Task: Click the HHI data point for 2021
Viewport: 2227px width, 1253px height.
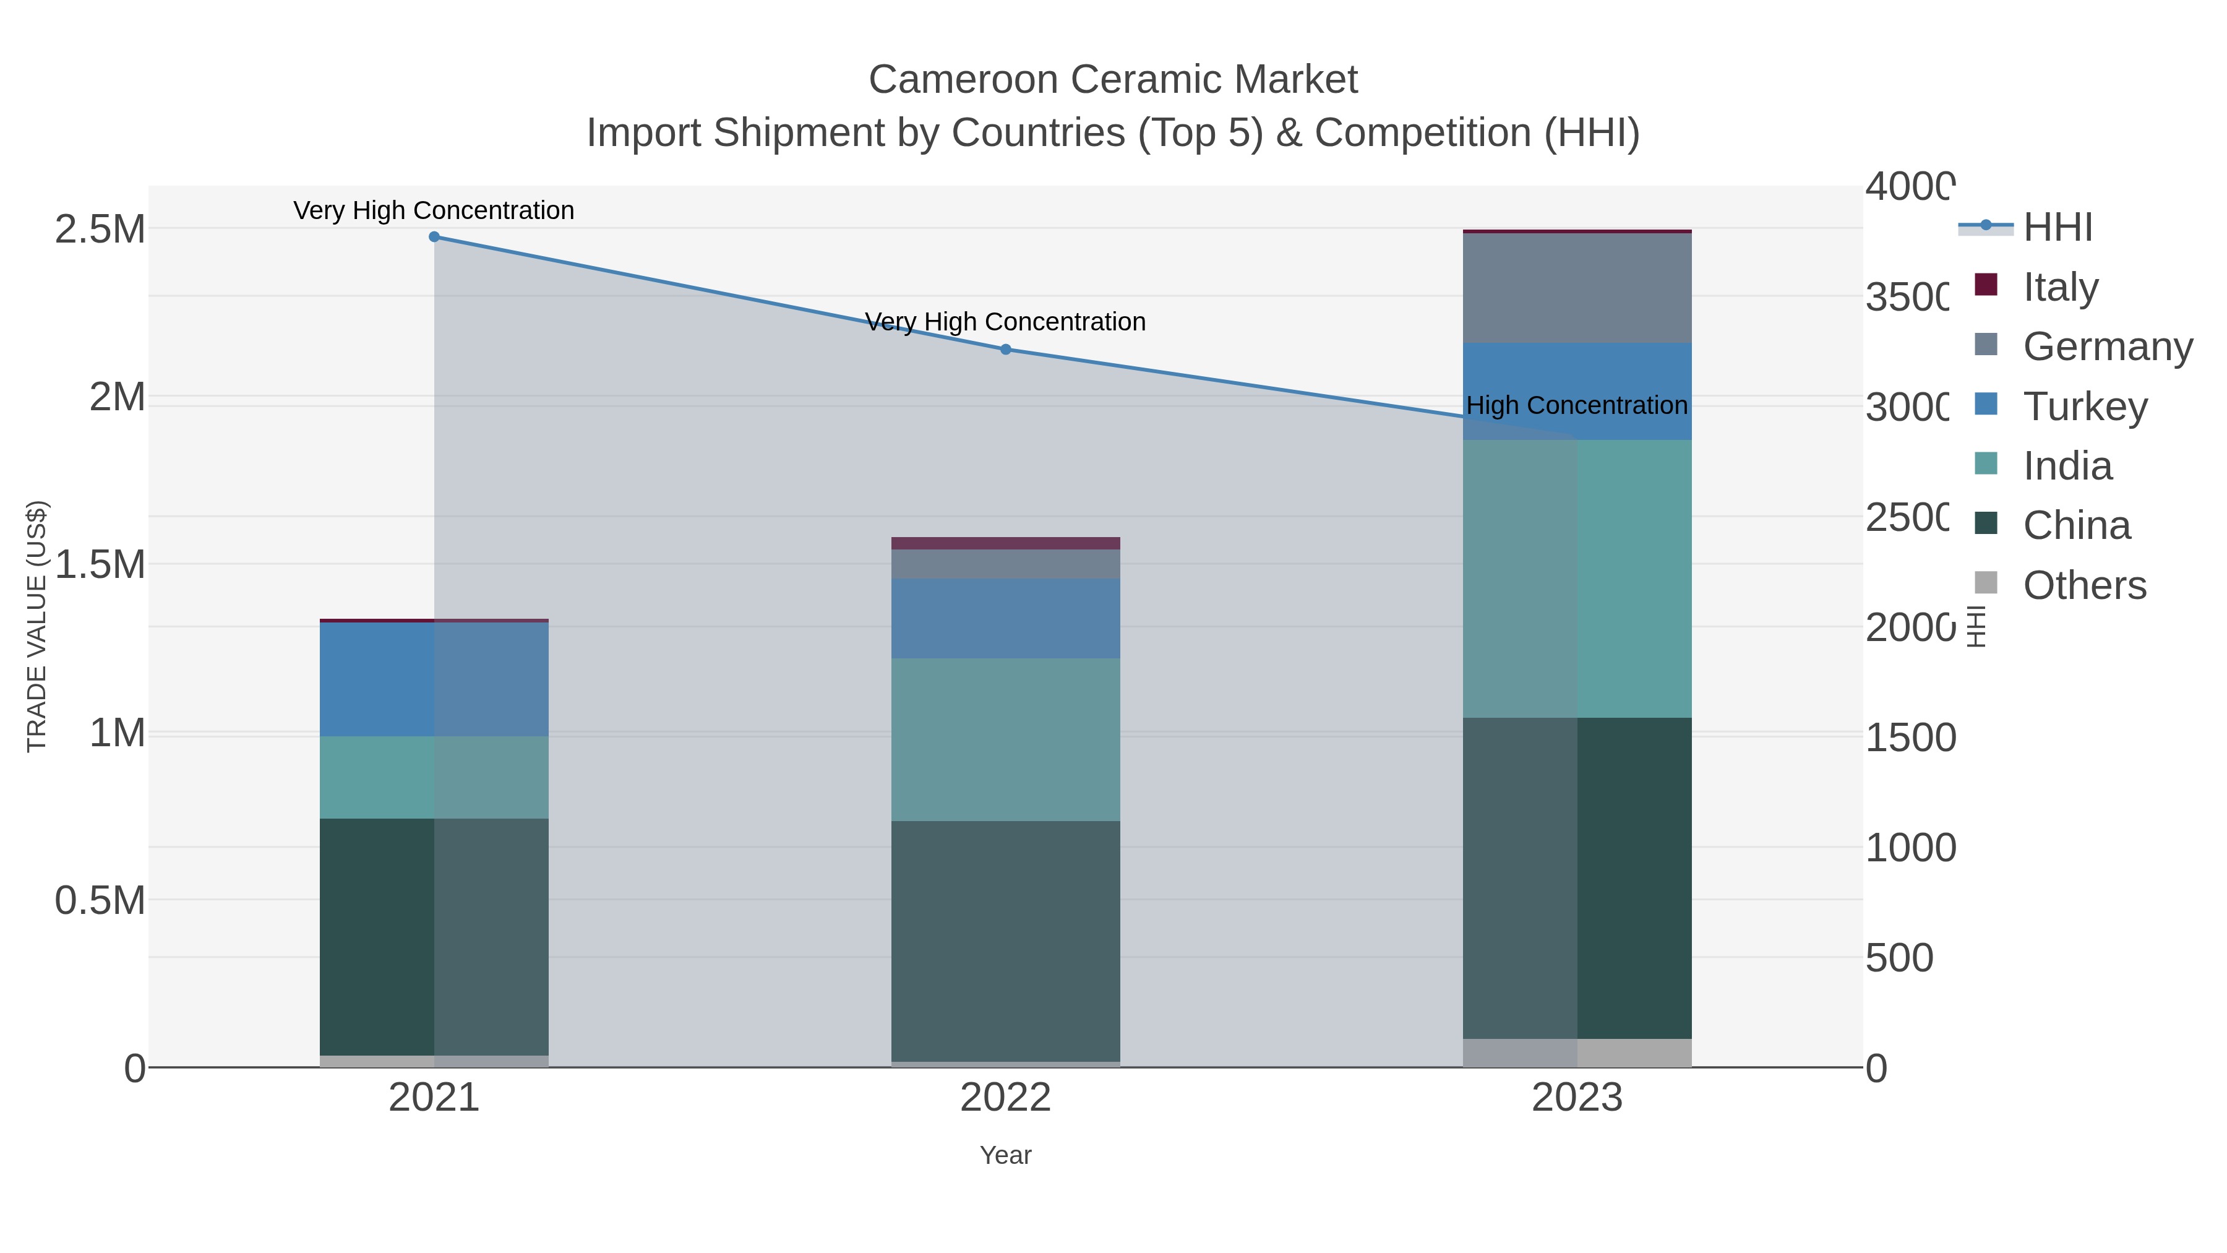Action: coord(434,237)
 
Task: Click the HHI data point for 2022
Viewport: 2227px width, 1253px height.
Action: coord(1005,350)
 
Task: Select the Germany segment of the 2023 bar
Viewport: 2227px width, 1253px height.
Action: coord(1577,288)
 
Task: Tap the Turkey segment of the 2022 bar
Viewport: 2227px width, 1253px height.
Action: coord(1005,618)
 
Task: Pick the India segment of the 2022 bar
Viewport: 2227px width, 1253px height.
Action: coord(1005,739)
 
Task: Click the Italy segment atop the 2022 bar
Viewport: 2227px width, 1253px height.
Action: coord(1005,543)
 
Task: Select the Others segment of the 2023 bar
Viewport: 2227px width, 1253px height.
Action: coord(1577,1053)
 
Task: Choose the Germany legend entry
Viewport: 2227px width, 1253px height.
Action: coord(2107,347)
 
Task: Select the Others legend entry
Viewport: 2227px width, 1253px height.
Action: coord(2084,585)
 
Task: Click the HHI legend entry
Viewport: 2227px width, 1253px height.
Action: coord(2058,228)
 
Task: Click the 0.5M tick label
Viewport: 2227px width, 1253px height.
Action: coord(100,901)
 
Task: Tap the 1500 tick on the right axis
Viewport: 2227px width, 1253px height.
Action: coord(1911,738)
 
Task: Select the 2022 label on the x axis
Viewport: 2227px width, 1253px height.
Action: coord(1005,1098)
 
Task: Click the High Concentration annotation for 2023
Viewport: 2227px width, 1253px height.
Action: coord(1577,405)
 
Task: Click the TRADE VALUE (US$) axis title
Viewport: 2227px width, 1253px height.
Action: coord(37,626)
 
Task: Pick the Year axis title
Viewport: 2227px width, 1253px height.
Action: coord(1005,1155)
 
